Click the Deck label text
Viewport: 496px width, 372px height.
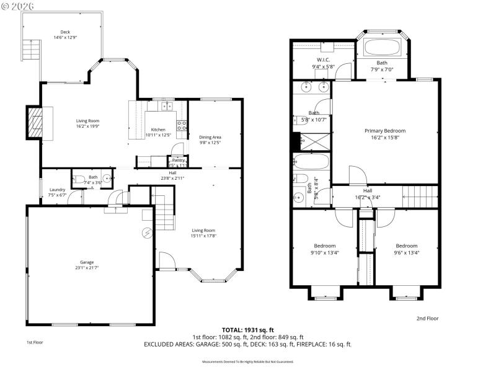[64, 32]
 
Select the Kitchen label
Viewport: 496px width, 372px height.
[158, 130]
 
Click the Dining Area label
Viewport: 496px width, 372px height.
[210, 137]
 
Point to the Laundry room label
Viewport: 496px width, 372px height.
[57, 190]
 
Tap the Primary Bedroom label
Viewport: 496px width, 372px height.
[384, 131]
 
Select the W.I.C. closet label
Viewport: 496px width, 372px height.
[322, 60]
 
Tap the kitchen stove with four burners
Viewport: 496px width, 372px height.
[182, 128]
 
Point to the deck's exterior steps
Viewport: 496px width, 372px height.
[27, 49]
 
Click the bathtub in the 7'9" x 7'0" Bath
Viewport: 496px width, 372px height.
[383, 48]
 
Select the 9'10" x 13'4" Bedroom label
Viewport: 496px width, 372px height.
[324, 246]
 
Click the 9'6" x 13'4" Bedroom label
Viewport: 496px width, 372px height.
[406, 246]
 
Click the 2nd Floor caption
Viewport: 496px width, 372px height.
[428, 318]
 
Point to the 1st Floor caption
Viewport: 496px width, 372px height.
[35, 342]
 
